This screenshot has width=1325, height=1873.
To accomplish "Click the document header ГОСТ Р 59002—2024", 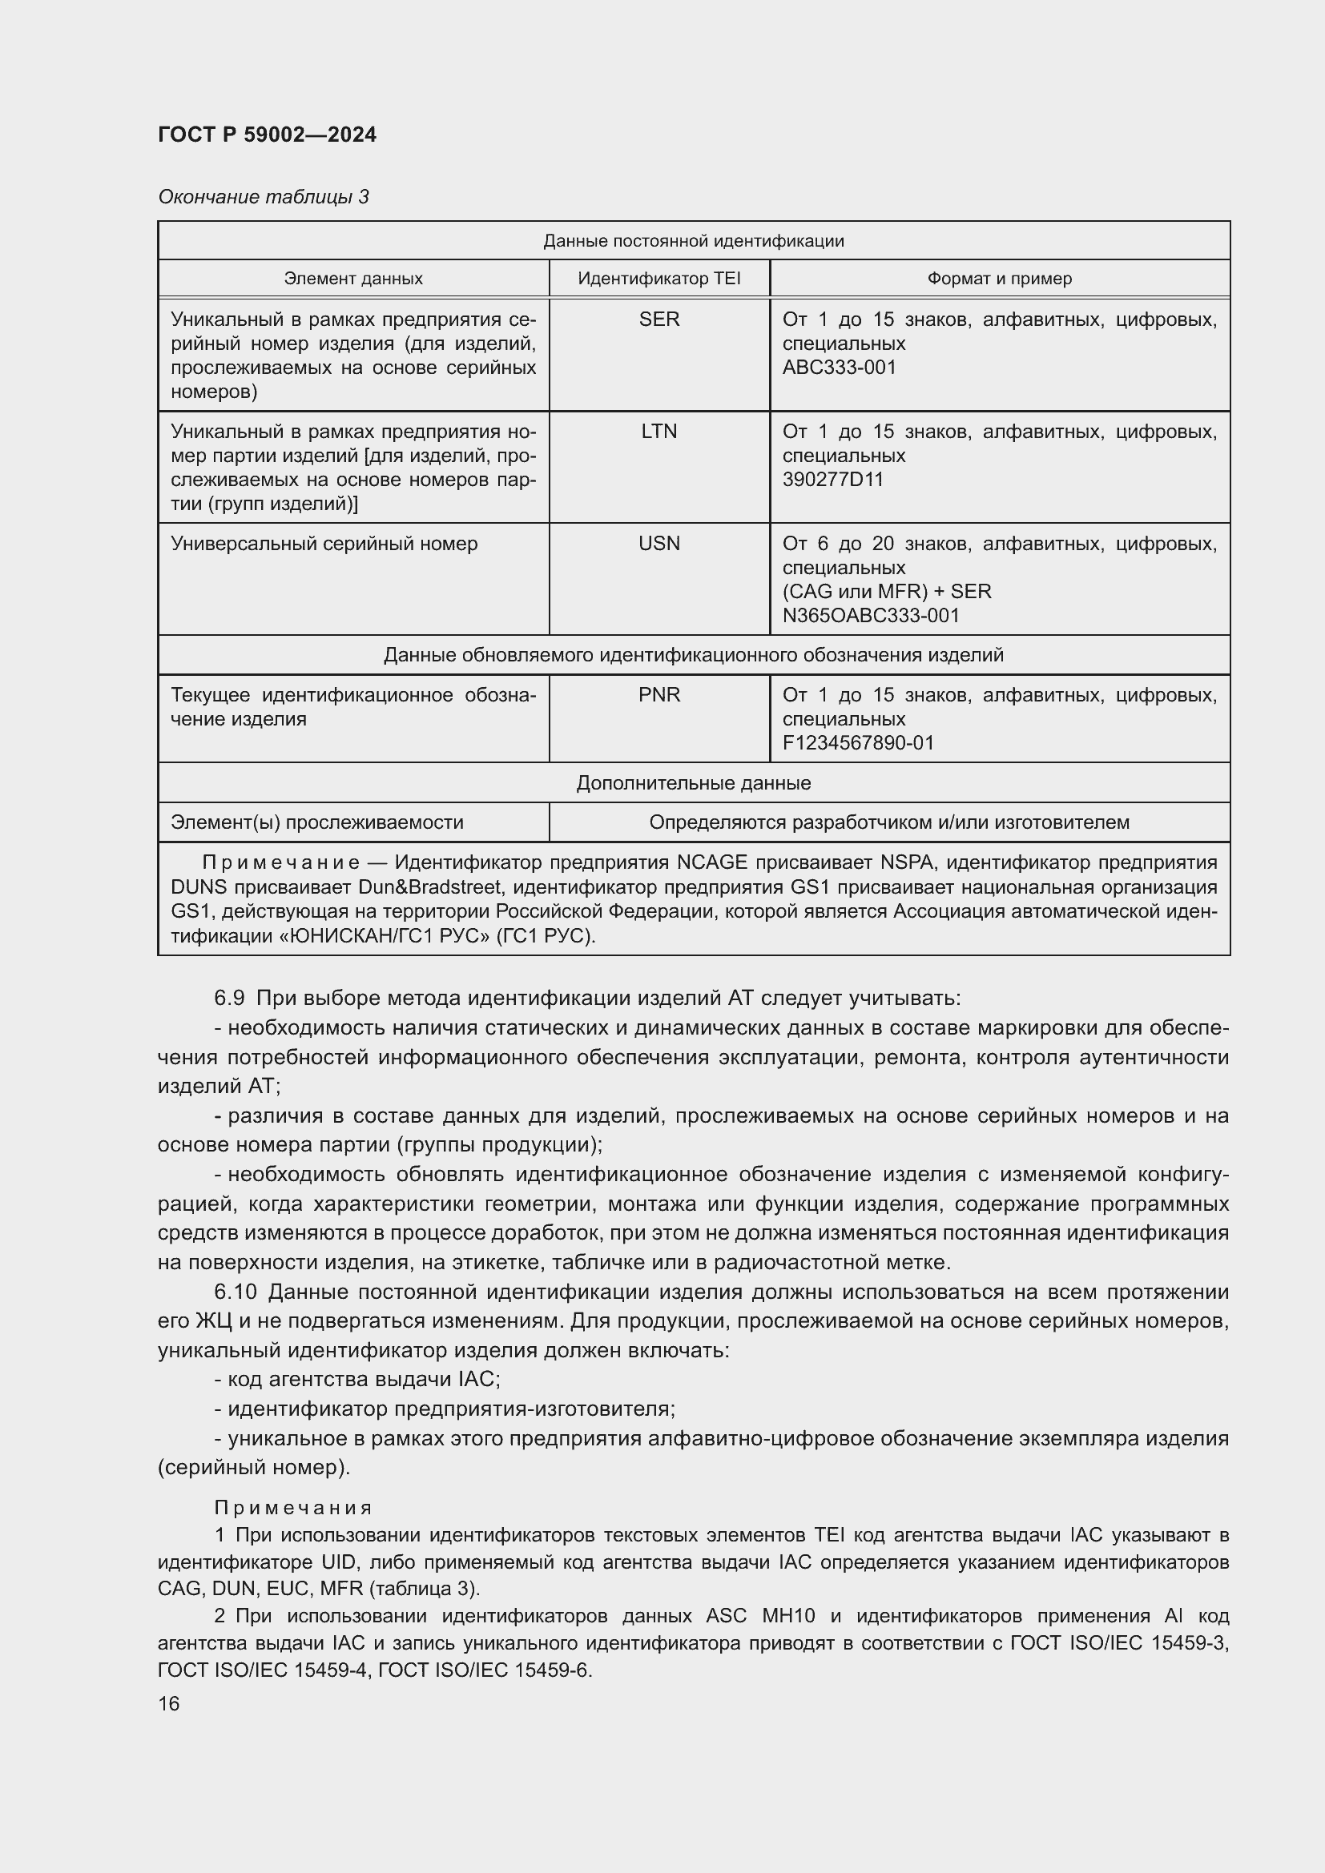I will point(267,135).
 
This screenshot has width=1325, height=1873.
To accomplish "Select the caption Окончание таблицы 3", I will point(263,197).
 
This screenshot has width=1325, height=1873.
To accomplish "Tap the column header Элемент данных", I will point(353,278).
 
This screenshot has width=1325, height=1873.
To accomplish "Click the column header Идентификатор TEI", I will point(658,278).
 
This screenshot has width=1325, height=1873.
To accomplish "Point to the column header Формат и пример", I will point(999,278).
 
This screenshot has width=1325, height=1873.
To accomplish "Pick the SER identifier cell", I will point(658,319).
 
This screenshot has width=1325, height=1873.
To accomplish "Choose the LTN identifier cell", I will point(658,431).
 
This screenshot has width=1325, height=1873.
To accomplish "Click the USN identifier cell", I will point(658,543).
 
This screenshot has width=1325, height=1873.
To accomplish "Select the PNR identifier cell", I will point(658,694).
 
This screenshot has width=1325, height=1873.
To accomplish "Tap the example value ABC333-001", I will point(839,367).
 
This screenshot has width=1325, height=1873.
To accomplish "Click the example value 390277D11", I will point(832,479).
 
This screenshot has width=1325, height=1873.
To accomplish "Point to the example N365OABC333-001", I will point(871,615).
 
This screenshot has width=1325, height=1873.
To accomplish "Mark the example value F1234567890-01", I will point(857,742).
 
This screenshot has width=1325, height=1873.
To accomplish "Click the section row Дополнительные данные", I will point(693,782).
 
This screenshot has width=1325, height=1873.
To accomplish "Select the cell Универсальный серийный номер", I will point(324,543).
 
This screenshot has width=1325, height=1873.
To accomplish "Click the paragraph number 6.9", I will point(229,998).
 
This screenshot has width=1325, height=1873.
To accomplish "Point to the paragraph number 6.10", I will point(235,1292).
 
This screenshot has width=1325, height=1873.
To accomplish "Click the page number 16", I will point(169,1703).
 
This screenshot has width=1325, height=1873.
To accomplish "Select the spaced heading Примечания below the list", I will point(293,1508).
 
